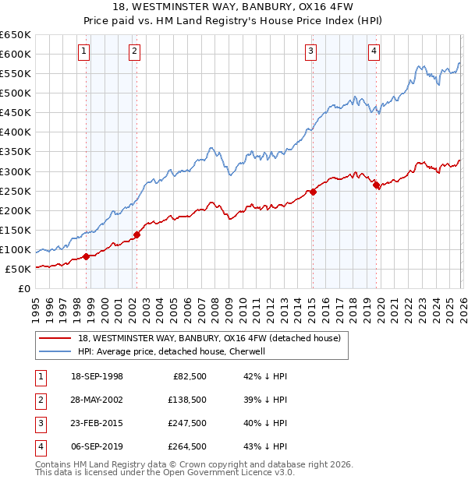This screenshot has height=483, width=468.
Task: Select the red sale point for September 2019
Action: (376, 185)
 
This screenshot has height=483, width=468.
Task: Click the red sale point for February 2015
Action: (313, 192)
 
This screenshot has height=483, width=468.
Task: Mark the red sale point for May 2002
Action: (136, 234)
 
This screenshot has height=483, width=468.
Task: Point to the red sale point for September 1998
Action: (86, 256)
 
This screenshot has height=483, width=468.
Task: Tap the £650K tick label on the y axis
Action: (15, 35)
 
